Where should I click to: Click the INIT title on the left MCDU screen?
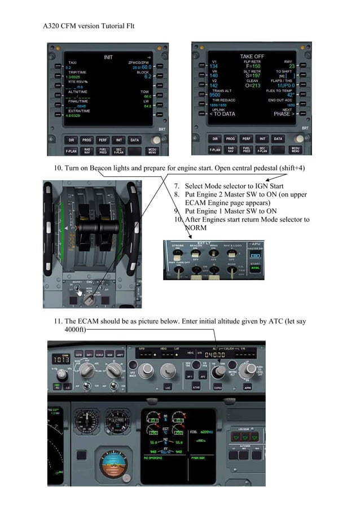coord(108,57)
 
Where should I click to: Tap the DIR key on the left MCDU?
coord(70,138)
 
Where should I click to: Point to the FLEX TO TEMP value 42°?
coord(290,95)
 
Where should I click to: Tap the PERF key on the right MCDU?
coord(246,138)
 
